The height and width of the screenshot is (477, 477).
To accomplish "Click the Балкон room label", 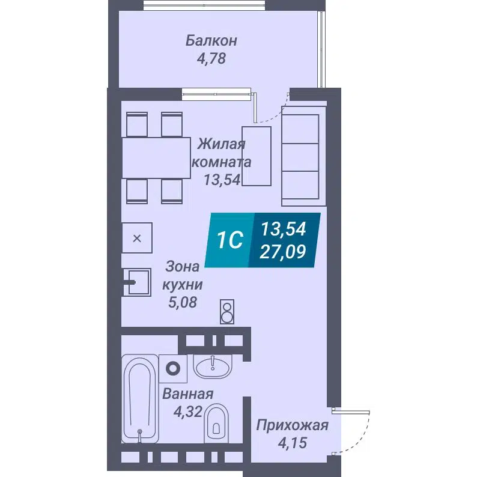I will pyautogui.click(x=211, y=41).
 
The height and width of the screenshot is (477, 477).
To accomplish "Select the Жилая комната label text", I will pyautogui.click(x=222, y=153).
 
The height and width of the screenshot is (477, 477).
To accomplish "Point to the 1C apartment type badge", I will pyautogui.click(x=229, y=241).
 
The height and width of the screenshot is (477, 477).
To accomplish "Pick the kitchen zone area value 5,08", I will pyautogui.click(x=183, y=303).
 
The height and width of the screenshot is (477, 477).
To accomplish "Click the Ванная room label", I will pyautogui.click(x=187, y=394).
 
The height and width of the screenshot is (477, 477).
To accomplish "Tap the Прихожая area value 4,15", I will pyautogui.click(x=292, y=445).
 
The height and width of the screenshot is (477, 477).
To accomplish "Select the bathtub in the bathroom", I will pyautogui.click(x=140, y=398).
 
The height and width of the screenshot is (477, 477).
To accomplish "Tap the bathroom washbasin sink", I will pyautogui.click(x=212, y=366).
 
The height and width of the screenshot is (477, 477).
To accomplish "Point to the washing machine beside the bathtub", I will pyautogui.click(x=174, y=368).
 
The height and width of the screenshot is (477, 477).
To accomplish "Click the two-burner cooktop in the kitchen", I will pyautogui.click(x=227, y=311).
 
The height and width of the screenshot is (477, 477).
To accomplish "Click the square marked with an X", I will pyautogui.click(x=137, y=238).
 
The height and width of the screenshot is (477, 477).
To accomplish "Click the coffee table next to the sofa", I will pyautogui.click(x=257, y=156).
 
